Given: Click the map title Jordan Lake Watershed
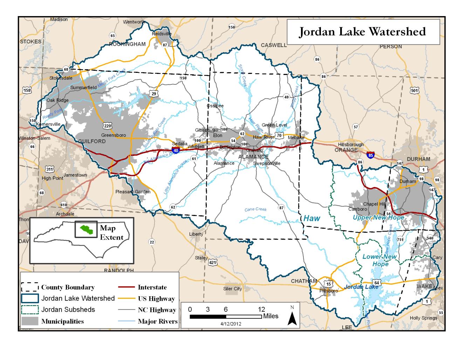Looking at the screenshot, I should [x=362, y=32].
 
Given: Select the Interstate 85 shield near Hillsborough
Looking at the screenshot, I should [x=370, y=154].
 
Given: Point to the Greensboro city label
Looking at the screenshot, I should [x=114, y=135].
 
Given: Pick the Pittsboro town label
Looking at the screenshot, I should [x=329, y=291].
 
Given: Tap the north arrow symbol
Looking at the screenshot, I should [x=292, y=317].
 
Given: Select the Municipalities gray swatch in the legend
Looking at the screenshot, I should [x=30, y=321].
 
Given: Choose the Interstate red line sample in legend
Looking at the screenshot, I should [x=126, y=287].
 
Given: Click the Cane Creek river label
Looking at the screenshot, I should [x=255, y=209].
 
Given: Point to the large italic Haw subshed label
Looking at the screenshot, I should [x=311, y=218].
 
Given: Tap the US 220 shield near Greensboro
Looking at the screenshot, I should [x=108, y=125].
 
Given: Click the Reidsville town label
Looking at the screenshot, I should [x=162, y=34].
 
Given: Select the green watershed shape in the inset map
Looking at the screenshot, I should [x=87, y=229].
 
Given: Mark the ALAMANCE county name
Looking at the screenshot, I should [x=253, y=157].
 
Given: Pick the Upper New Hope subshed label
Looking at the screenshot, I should [x=378, y=217].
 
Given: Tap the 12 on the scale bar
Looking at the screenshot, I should [x=261, y=309].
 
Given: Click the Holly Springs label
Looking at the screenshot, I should [x=424, y=318].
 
